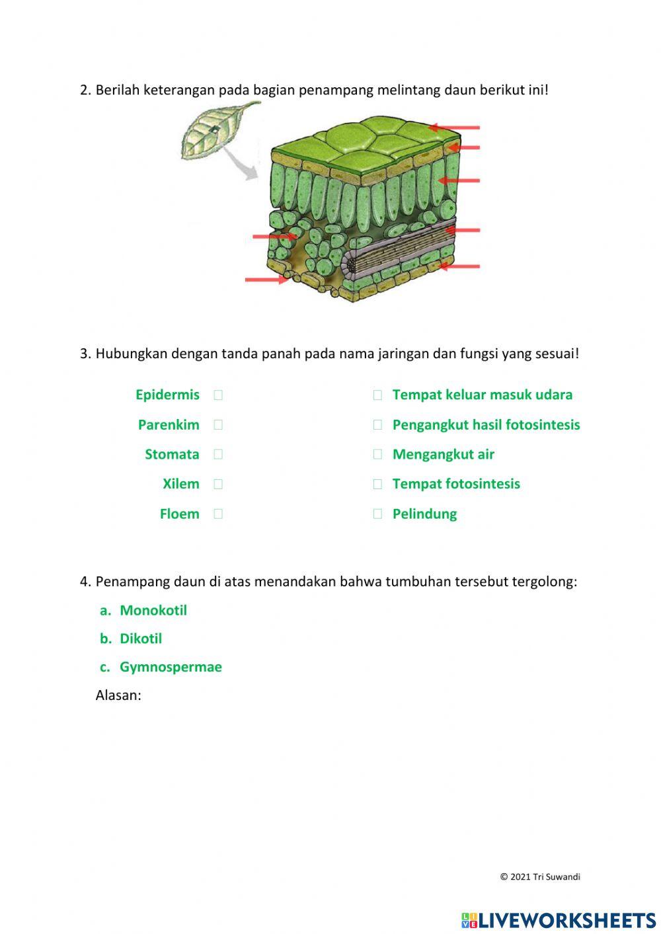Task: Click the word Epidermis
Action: (167, 395)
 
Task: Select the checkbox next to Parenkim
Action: (218, 424)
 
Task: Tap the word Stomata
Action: (172, 454)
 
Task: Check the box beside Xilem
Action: (218, 484)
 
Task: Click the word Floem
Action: (179, 514)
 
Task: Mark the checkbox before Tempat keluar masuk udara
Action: (377, 395)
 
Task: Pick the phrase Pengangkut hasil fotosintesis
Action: (486, 424)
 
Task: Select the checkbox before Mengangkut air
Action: (377, 454)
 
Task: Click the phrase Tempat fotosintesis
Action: (456, 484)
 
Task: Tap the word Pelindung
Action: (424, 514)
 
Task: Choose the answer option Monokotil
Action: (153, 610)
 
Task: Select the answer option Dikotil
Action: (140, 639)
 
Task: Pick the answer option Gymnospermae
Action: (171, 667)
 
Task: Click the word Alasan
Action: (118, 695)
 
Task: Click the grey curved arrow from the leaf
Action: (241, 165)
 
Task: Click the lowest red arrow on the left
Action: (266, 280)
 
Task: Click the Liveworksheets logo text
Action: (566, 919)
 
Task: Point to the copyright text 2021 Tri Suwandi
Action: (540, 877)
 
